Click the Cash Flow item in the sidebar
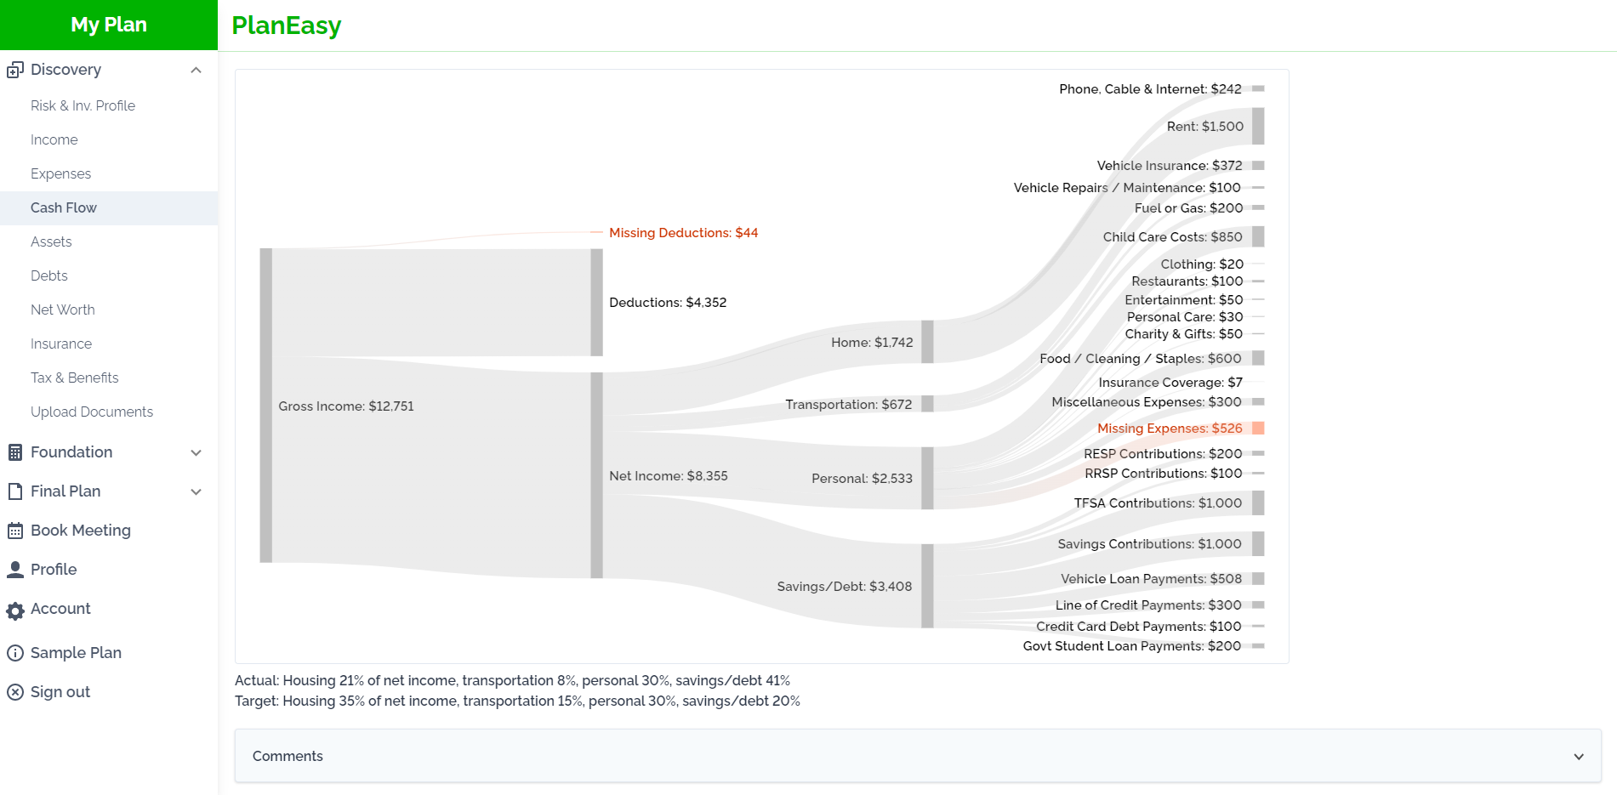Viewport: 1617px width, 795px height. [x=64, y=207]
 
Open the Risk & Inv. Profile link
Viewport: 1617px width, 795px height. [x=83, y=105]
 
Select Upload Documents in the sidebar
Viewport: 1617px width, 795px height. [x=92, y=412]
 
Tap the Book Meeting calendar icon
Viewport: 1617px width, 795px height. [x=15, y=531]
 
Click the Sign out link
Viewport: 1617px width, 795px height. [x=60, y=692]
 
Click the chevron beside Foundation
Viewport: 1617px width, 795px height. [x=196, y=452]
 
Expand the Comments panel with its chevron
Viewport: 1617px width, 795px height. [x=1579, y=757]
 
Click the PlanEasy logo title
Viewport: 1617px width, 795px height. [x=287, y=26]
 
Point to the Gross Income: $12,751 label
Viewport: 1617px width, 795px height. [x=346, y=406]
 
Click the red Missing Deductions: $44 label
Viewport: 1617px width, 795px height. [x=683, y=233]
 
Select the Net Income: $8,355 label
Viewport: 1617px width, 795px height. [x=669, y=476]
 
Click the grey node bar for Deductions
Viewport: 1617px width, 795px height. [x=597, y=303]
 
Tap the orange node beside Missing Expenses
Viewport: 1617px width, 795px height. [x=1258, y=428]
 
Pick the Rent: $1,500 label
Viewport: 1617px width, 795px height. [x=1205, y=127]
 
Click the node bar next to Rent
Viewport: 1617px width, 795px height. [x=1258, y=126]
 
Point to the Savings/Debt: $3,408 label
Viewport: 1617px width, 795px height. [x=845, y=587]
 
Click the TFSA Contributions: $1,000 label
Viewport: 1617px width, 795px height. [x=1158, y=503]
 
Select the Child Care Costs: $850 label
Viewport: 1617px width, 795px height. [x=1172, y=237]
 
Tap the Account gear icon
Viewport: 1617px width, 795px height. [x=15, y=610]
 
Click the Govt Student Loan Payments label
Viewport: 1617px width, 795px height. [x=1131, y=646]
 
